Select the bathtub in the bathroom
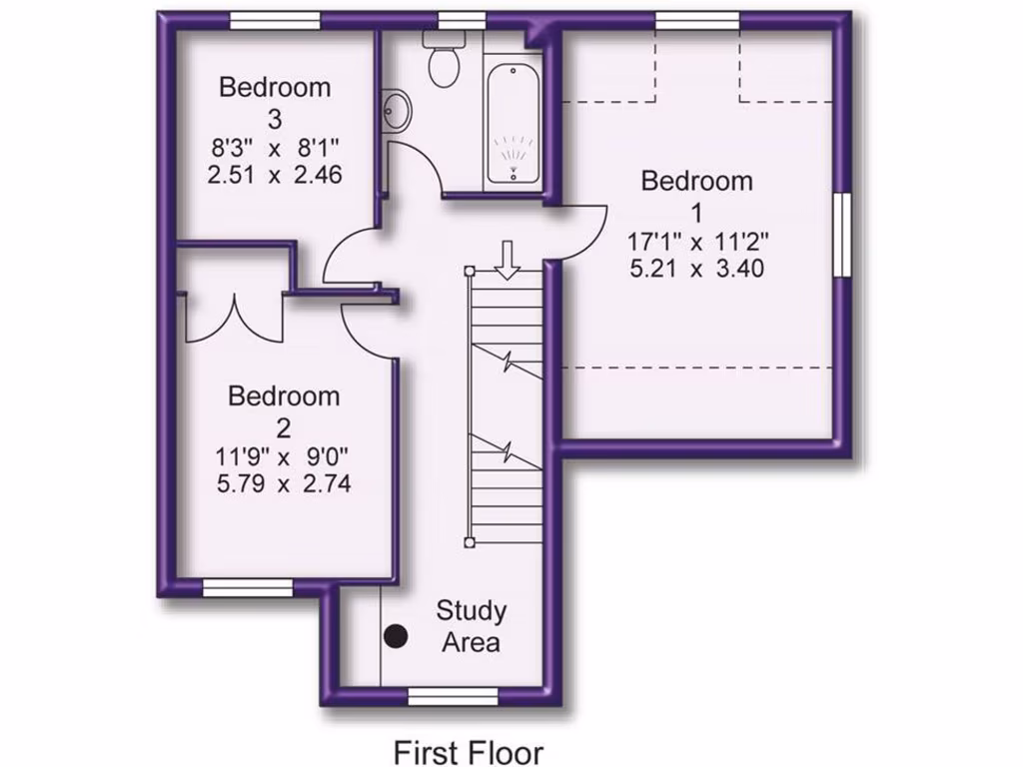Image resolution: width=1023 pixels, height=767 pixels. point(514,126)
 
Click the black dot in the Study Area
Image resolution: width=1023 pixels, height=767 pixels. point(398,635)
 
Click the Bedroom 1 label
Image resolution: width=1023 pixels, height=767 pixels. point(696,196)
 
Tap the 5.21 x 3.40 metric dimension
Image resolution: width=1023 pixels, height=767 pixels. point(697,268)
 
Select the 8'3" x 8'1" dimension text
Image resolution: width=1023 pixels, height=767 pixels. point(275,149)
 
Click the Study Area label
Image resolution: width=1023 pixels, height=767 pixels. point(472,625)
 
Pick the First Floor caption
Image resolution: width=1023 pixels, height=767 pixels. point(468,750)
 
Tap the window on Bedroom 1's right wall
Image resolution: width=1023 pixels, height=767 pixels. point(843,233)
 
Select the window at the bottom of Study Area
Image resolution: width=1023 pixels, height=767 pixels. point(453,695)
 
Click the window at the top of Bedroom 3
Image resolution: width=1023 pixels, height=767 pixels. point(275,20)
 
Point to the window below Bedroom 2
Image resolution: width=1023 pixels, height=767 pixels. point(248,588)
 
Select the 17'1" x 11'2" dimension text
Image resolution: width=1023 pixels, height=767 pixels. point(697,241)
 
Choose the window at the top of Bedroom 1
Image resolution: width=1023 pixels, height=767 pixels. point(697,20)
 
